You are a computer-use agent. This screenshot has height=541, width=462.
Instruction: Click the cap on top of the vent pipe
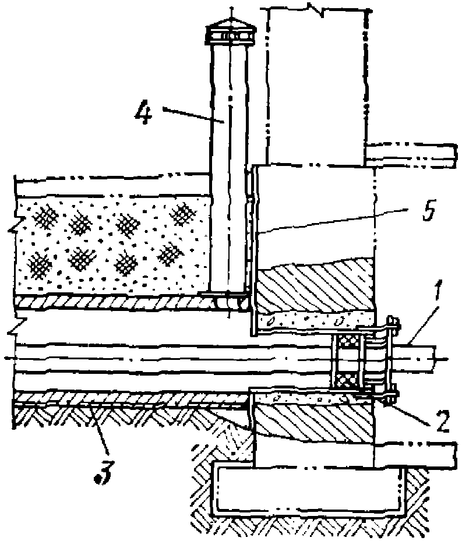click(x=231, y=34)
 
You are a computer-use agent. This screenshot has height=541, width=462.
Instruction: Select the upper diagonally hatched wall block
click(x=315, y=288)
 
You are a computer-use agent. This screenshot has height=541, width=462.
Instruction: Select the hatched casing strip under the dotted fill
click(x=117, y=302)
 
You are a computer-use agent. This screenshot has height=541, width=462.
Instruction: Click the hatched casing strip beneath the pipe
click(x=128, y=398)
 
